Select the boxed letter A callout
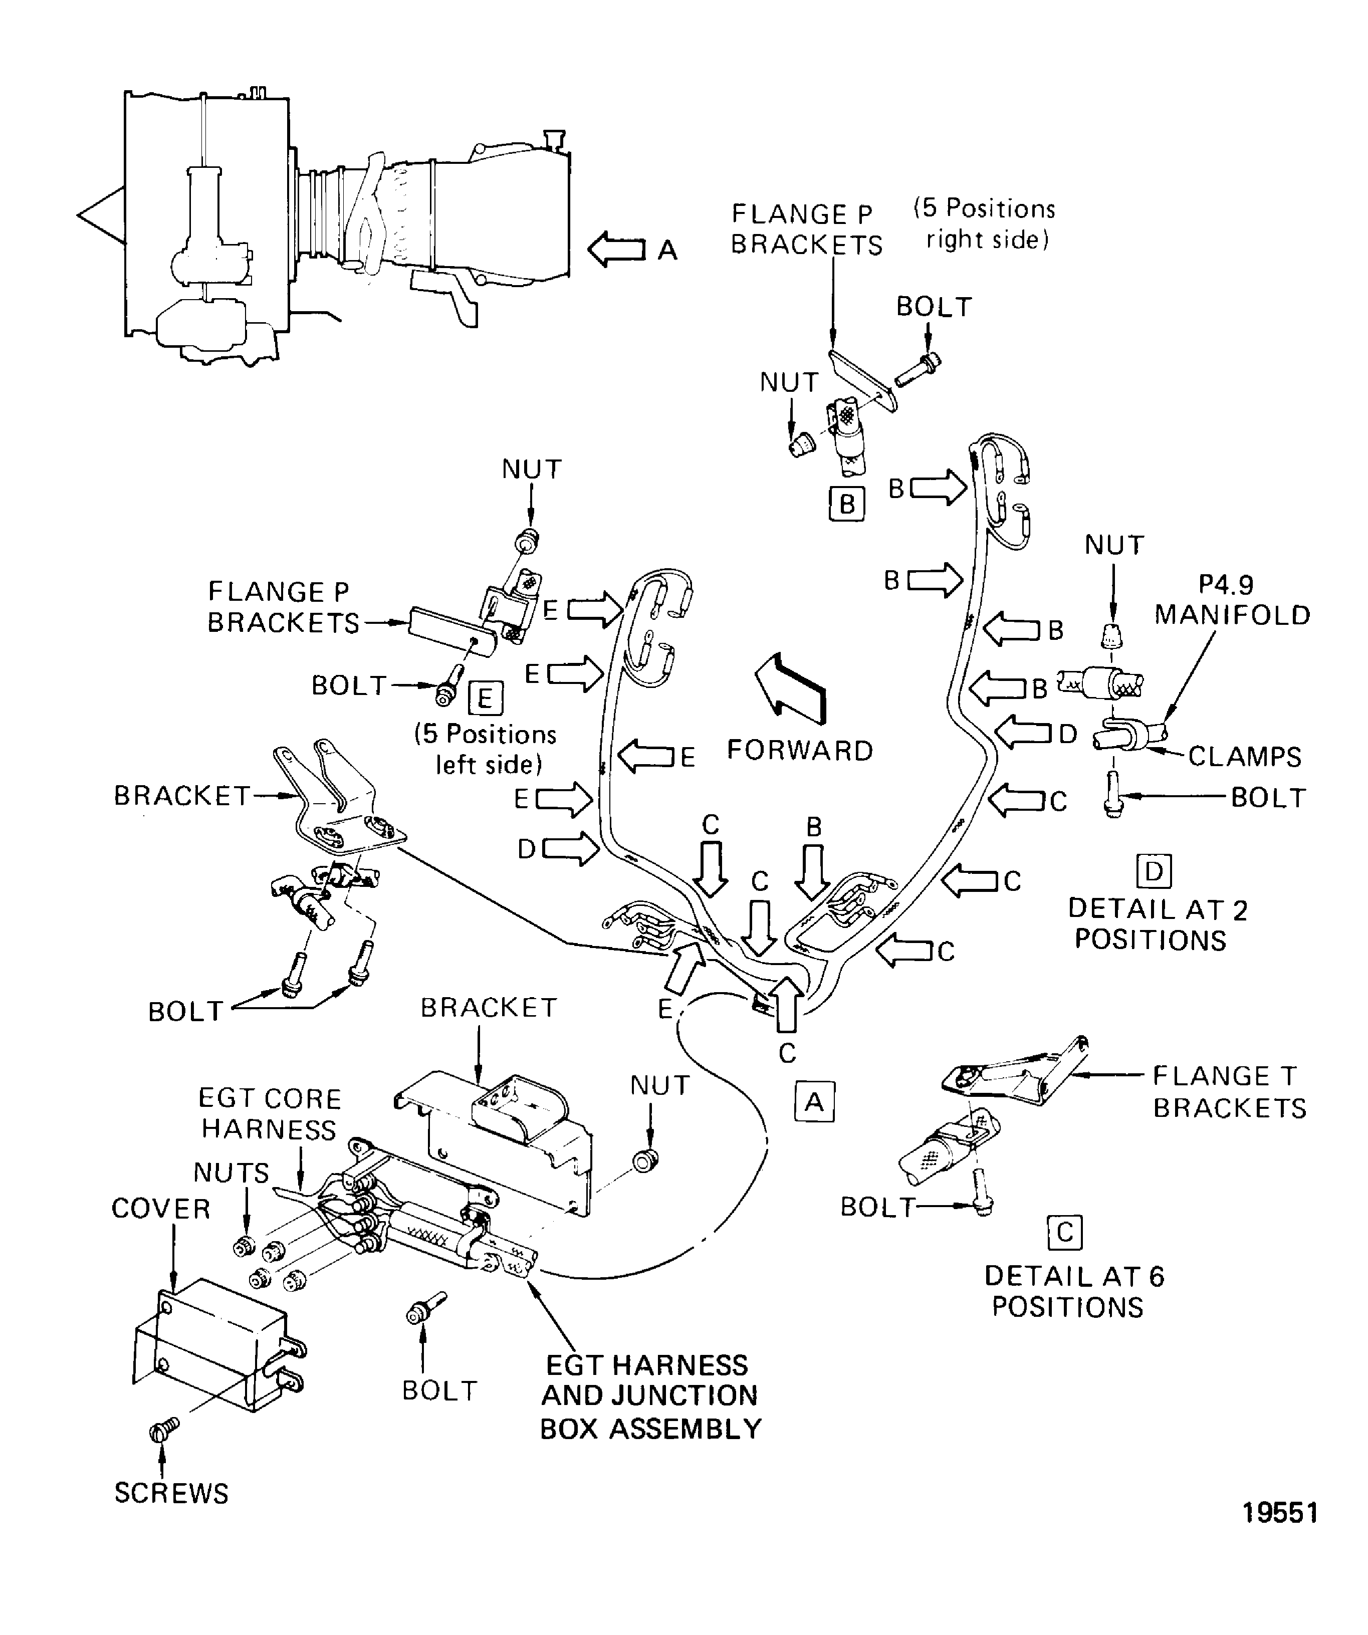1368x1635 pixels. pyautogui.click(x=814, y=1102)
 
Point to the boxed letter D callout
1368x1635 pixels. pyautogui.click(x=1154, y=870)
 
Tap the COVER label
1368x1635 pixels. pyautogui.click(x=161, y=1209)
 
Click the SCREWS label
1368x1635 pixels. pyautogui.click(x=171, y=1493)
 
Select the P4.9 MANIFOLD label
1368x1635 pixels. pyautogui.click(x=1232, y=600)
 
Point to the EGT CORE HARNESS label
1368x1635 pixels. pyautogui.click(x=270, y=1113)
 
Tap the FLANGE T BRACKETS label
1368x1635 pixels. pyautogui.click(x=1229, y=1091)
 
